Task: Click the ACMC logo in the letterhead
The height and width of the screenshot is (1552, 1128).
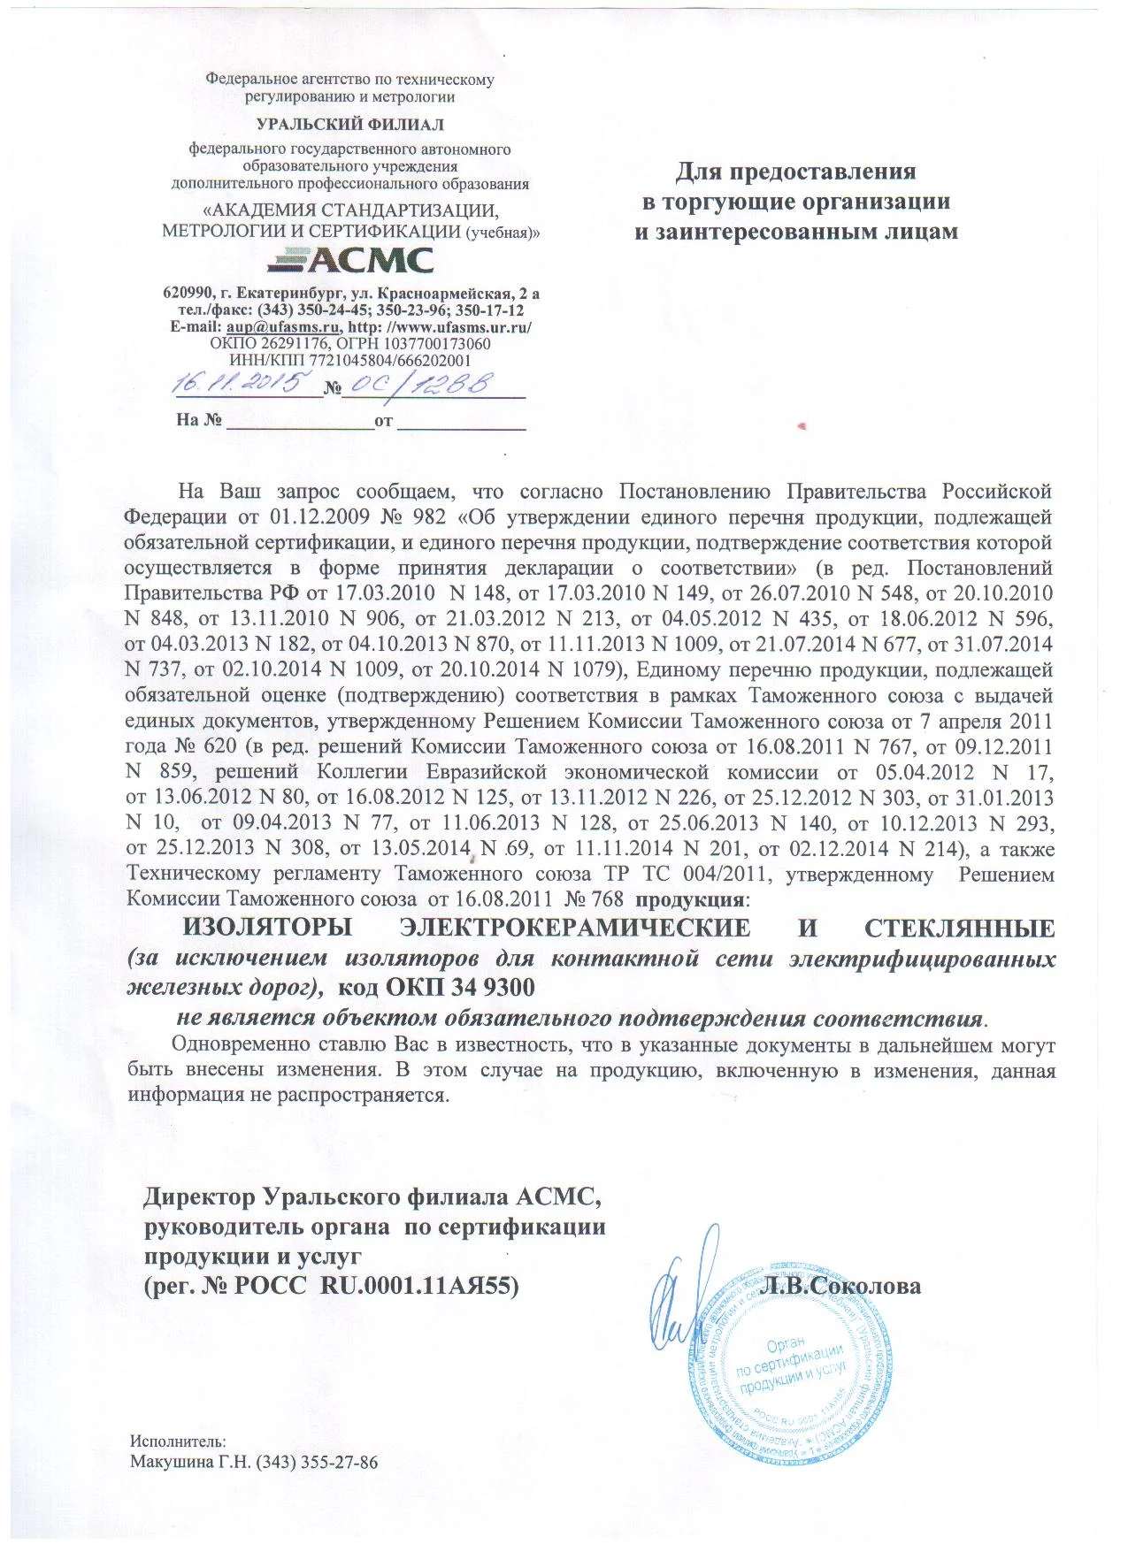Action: point(350,260)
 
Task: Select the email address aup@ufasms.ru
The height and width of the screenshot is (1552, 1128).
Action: point(283,327)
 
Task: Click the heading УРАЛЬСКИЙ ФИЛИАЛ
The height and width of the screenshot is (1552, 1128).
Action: point(350,125)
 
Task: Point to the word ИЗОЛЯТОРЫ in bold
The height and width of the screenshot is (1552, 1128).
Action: point(266,929)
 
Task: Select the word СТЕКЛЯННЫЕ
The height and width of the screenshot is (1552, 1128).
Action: point(959,929)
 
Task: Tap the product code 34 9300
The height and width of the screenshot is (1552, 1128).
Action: point(501,986)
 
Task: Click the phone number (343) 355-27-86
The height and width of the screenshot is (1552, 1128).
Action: point(317,1462)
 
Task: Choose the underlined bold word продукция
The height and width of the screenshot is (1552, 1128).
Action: point(691,901)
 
